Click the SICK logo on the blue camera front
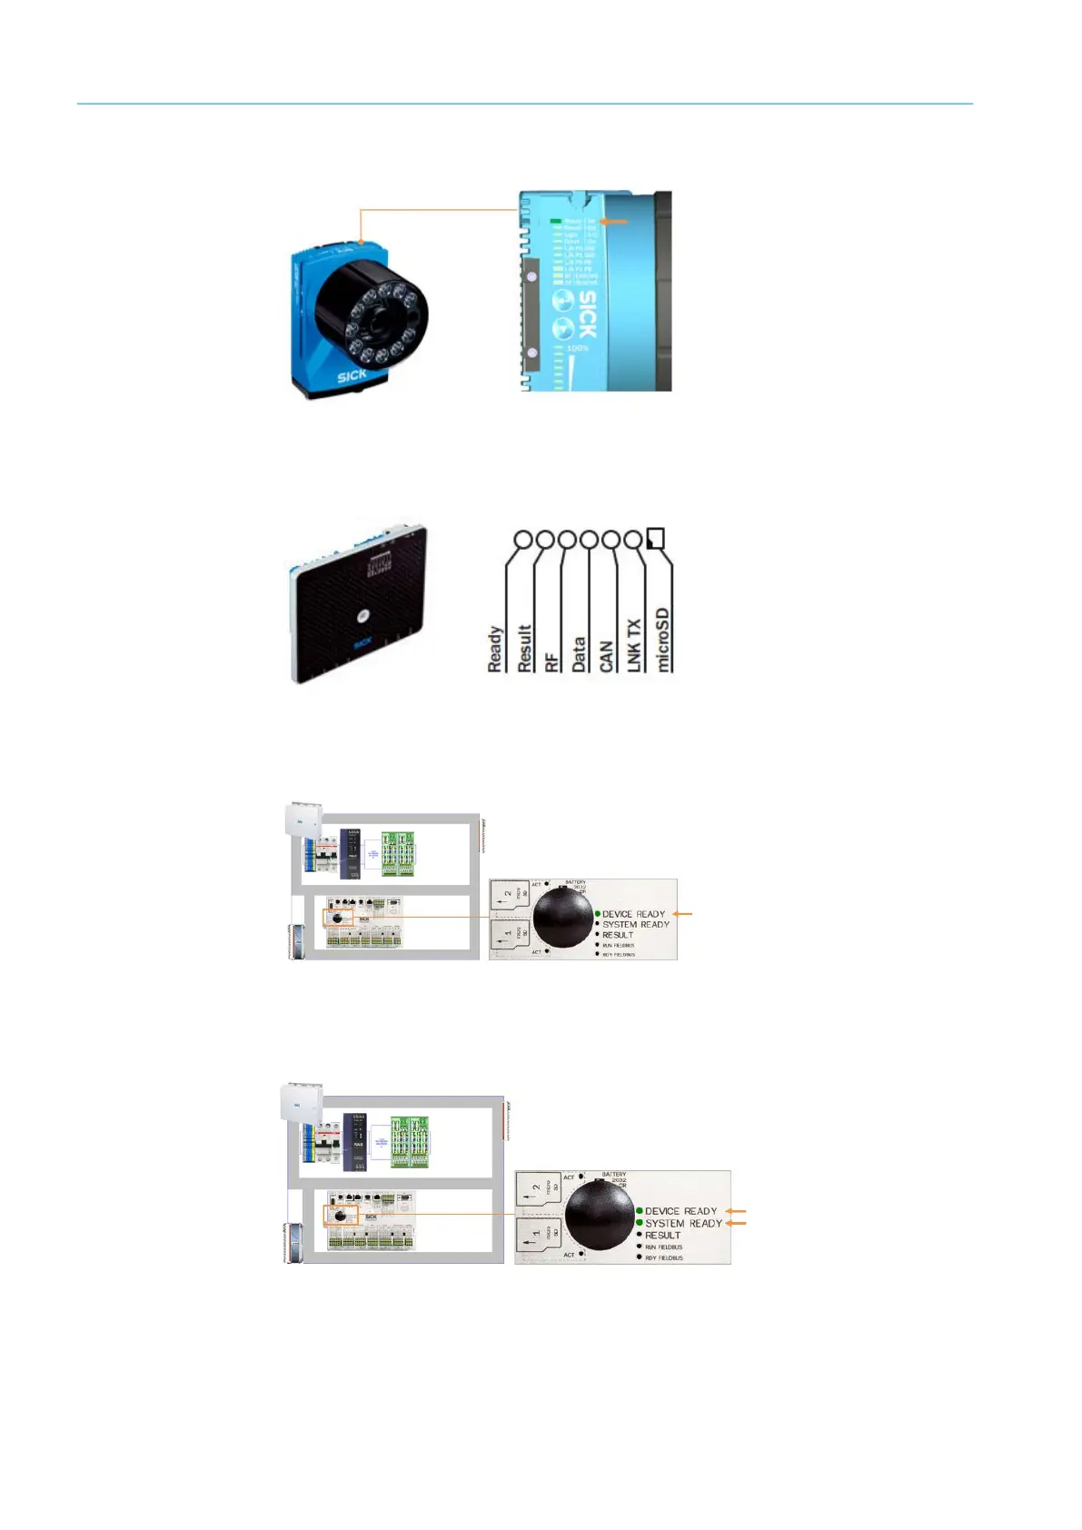click(352, 375)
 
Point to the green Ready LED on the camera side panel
click(555, 221)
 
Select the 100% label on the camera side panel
click(577, 348)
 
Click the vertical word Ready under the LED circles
click(495, 649)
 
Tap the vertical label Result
click(524, 648)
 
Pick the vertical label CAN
click(607, 656)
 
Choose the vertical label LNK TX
click(634, 645)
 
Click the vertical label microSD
click(664, 640)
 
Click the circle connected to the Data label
click(589, 540)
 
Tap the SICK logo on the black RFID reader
click(362, 644)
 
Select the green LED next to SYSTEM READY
click(640, 1223)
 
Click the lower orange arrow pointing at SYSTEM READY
click(735, 1223)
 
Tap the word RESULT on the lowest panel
click(662, 1236)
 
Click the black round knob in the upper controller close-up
click(562, 918)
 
